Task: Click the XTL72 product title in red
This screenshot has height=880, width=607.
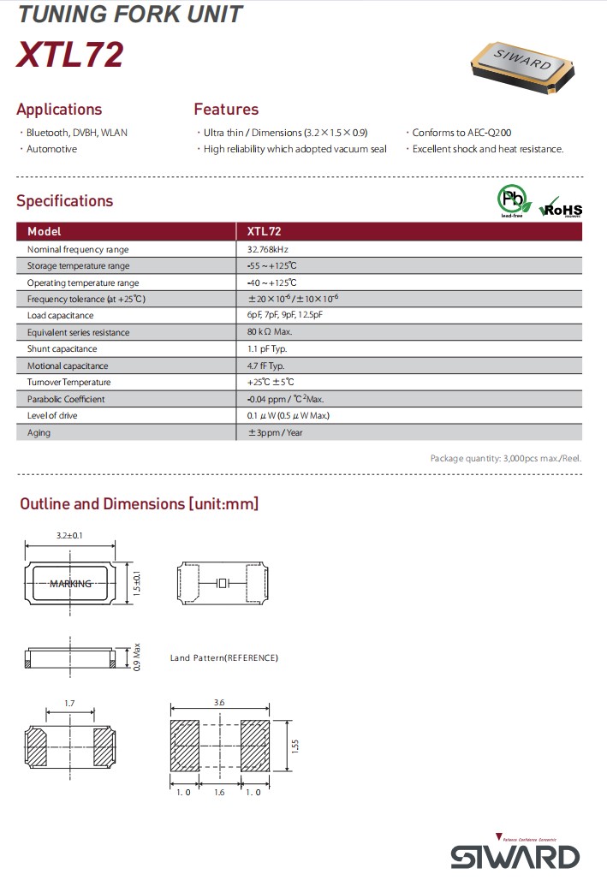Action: (x=70, y=54)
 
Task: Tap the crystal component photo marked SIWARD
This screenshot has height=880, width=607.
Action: (x=523, y=66)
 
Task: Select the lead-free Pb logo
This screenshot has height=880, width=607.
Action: (x=511, y=201)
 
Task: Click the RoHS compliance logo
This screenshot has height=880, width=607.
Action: (x=561, y=208)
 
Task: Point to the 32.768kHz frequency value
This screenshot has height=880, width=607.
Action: (x=273, y=249)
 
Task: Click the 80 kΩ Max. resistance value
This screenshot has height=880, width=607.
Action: (x=270, y=332)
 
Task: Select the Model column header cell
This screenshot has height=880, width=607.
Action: (x=45, y=231)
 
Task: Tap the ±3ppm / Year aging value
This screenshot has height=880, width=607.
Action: (x=275, y=432)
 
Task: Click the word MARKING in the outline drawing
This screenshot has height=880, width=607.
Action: (x=70, y=584)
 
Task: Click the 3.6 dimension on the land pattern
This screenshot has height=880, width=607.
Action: (x=219, y=702)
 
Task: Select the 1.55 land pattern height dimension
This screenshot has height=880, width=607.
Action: (x=295, y=746)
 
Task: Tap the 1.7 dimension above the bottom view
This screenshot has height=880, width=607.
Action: (x=70, y=703)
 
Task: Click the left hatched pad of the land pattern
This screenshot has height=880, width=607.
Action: (x=184, y=746)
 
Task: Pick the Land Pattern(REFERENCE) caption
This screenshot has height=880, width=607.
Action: (x=223, y=657)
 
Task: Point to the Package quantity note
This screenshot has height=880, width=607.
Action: (x=505, y=458)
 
